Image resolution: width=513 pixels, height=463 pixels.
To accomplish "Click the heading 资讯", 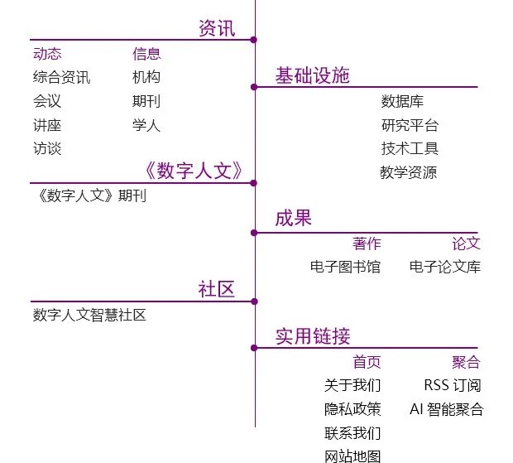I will pos(217,29).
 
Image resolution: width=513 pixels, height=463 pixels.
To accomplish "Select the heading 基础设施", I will pos(312,76).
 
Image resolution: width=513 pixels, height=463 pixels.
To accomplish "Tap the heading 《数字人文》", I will pos(193,171).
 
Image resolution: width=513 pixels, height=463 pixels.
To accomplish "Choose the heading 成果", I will pos(293,219).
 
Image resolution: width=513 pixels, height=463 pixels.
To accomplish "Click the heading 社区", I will pos(217,290).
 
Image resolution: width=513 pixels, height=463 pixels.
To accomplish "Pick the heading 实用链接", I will pos(312,336).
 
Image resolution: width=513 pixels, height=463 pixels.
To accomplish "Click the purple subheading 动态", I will pos(47,54).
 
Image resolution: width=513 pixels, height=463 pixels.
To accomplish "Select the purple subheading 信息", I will pos(146,54).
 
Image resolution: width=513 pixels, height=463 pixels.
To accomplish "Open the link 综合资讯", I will pos(61,78).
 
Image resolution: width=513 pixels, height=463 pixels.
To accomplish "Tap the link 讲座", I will pos(47,126).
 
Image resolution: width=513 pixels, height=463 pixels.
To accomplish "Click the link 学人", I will pos(146,126).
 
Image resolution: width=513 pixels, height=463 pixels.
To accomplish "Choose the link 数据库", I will pos(402,102).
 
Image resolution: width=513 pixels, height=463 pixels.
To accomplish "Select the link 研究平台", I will pos(410,126).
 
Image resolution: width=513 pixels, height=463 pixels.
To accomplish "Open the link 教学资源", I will pos(409,173).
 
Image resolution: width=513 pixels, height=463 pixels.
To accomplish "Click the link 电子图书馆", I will pos(345,267).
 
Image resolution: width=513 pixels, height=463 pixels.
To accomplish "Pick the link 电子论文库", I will pos(445,267).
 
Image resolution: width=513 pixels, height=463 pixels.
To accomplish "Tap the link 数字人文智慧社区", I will pos(89,315).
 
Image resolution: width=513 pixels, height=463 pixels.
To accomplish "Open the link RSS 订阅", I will pos(452,385).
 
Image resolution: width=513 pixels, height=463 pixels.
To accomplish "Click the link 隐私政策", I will pos(352,409).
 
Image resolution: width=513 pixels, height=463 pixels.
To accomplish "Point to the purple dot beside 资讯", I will pos(254,40).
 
